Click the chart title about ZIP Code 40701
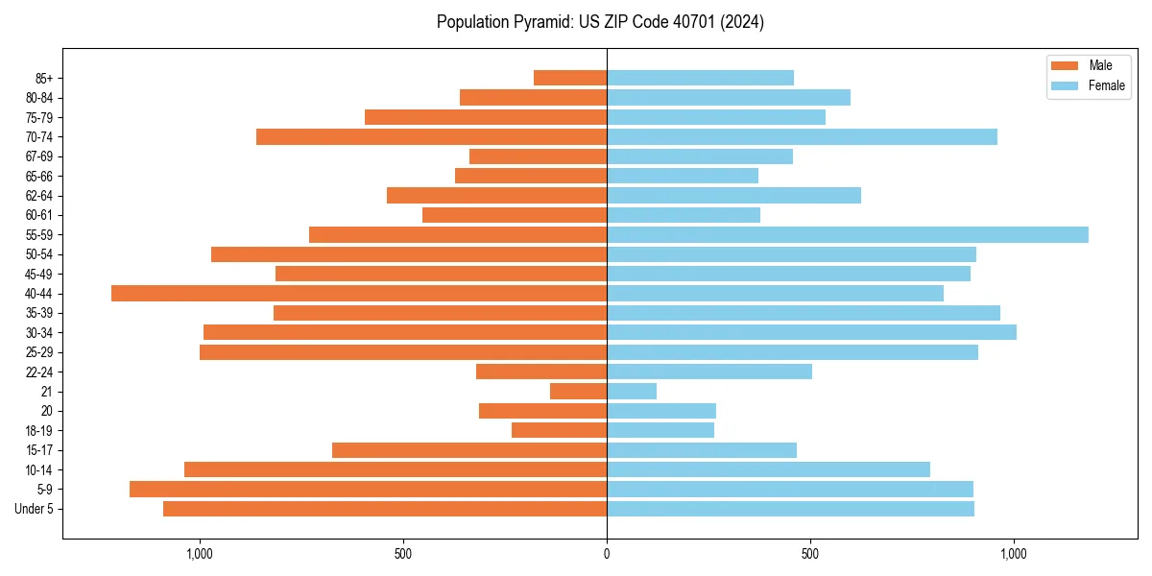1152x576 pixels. tap(600, 22)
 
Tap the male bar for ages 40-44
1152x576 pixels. tap(359, 293)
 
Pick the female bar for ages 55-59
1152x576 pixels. tap(848, 234)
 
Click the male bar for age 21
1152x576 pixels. tap(578, 391)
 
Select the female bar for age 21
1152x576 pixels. tap(632, 391)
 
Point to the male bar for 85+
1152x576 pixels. tap(570, 78)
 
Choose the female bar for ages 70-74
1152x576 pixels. tap(802, 136)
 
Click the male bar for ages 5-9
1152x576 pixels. tap(368, 489)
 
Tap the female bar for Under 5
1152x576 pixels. tap(790, 509)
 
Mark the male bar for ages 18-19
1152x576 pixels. tap(559, 430)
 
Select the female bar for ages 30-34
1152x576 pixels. tap(811, 332)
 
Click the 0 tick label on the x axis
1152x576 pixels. tap(607, 554)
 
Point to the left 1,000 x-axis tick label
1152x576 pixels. tap(200, 554)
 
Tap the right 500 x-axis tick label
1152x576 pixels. tap(810, 554)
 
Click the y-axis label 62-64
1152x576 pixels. tap(39, 196)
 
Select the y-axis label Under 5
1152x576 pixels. tap(35, 509)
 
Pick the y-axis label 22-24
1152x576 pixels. tap(39, 372)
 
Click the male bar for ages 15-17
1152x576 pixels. tap(469, 449)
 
